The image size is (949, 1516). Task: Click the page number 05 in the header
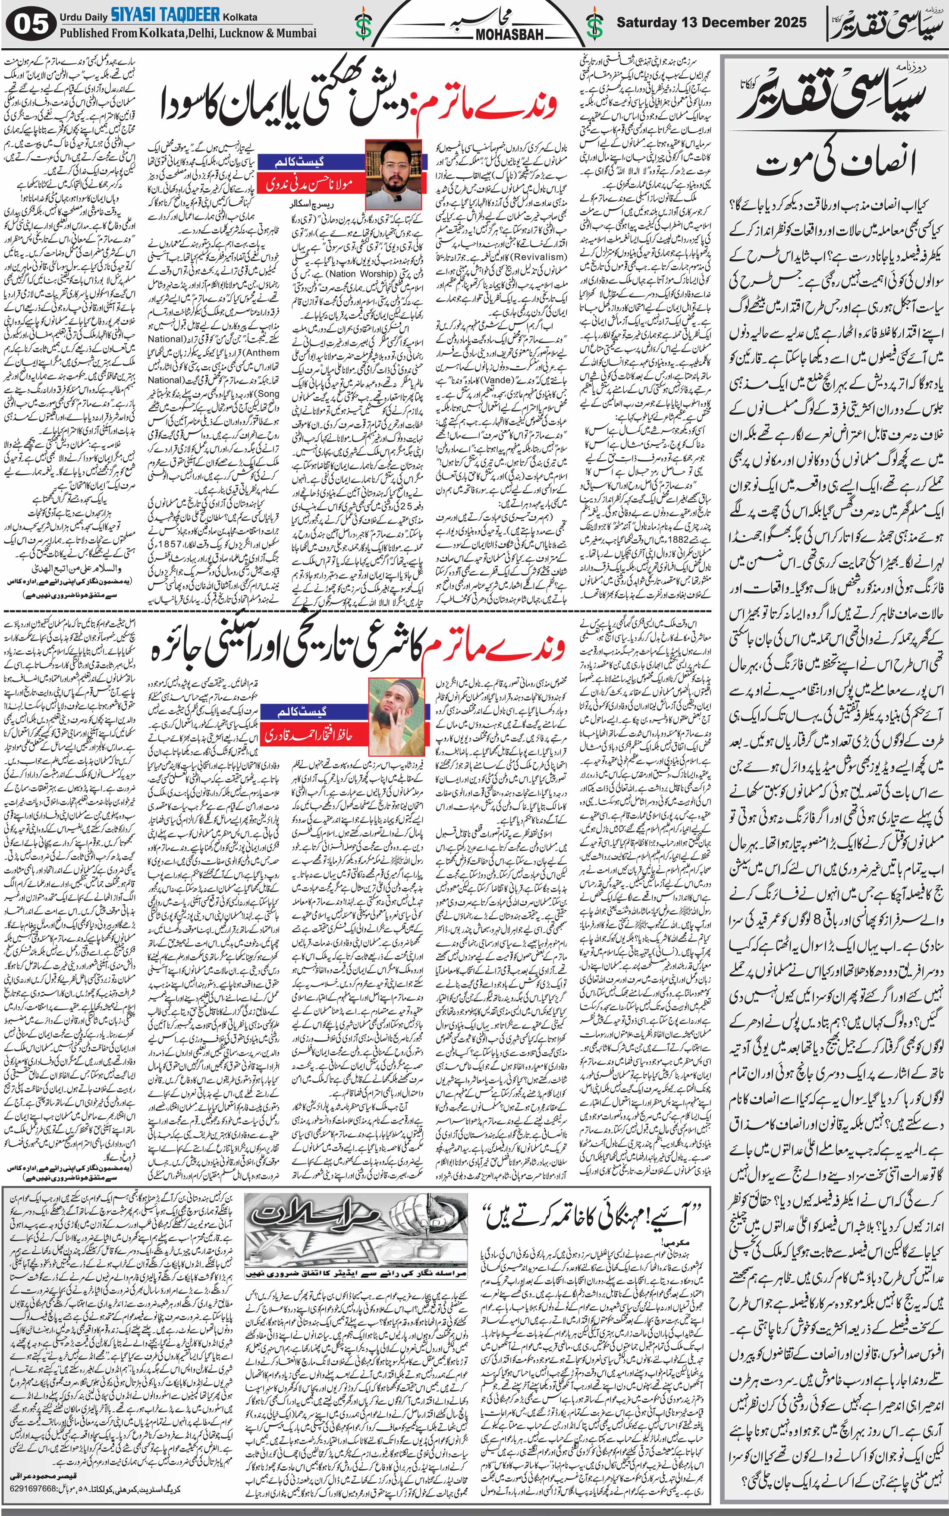pos(29,25)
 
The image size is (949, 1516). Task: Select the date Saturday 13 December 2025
pos(711,23)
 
